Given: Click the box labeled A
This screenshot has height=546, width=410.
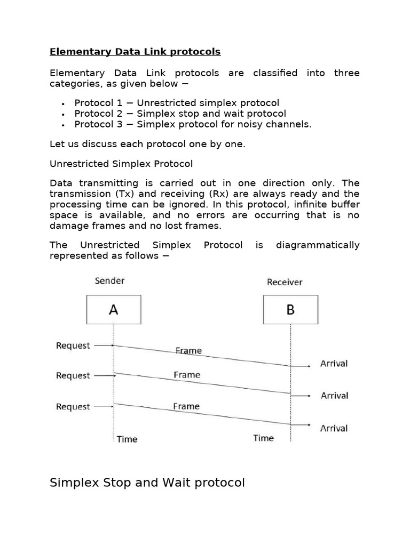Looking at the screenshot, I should coord(114,310).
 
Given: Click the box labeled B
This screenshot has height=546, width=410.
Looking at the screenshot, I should coord(290,310).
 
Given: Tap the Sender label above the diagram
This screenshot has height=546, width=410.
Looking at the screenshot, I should coord(109,280).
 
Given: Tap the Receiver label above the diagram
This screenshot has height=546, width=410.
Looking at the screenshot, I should coord(285,282).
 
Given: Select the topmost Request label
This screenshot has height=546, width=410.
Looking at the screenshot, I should coord(73,346).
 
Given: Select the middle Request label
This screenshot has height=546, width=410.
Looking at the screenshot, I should coord(73,375).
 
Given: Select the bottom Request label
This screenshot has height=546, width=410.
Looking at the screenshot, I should coord(73,407).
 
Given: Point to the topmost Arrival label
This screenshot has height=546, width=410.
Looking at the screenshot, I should coord(334,364).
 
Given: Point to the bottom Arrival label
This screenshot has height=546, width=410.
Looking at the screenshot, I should coord(334,428).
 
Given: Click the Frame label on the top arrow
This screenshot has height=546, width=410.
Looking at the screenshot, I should coord(188,351).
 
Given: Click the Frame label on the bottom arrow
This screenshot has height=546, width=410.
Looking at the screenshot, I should coord(186,406).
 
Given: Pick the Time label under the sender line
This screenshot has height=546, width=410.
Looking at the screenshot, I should coord(127,439).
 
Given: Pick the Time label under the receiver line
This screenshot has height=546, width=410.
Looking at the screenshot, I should coord(263,438).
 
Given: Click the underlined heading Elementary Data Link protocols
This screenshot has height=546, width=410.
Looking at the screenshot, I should coord(135,52).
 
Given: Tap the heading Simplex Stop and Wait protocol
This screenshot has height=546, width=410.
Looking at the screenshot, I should coord(147,483).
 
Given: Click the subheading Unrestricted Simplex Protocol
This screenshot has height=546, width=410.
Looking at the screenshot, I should coord(121,163).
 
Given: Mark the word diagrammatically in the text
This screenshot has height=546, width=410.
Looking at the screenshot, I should coord(318,245).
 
